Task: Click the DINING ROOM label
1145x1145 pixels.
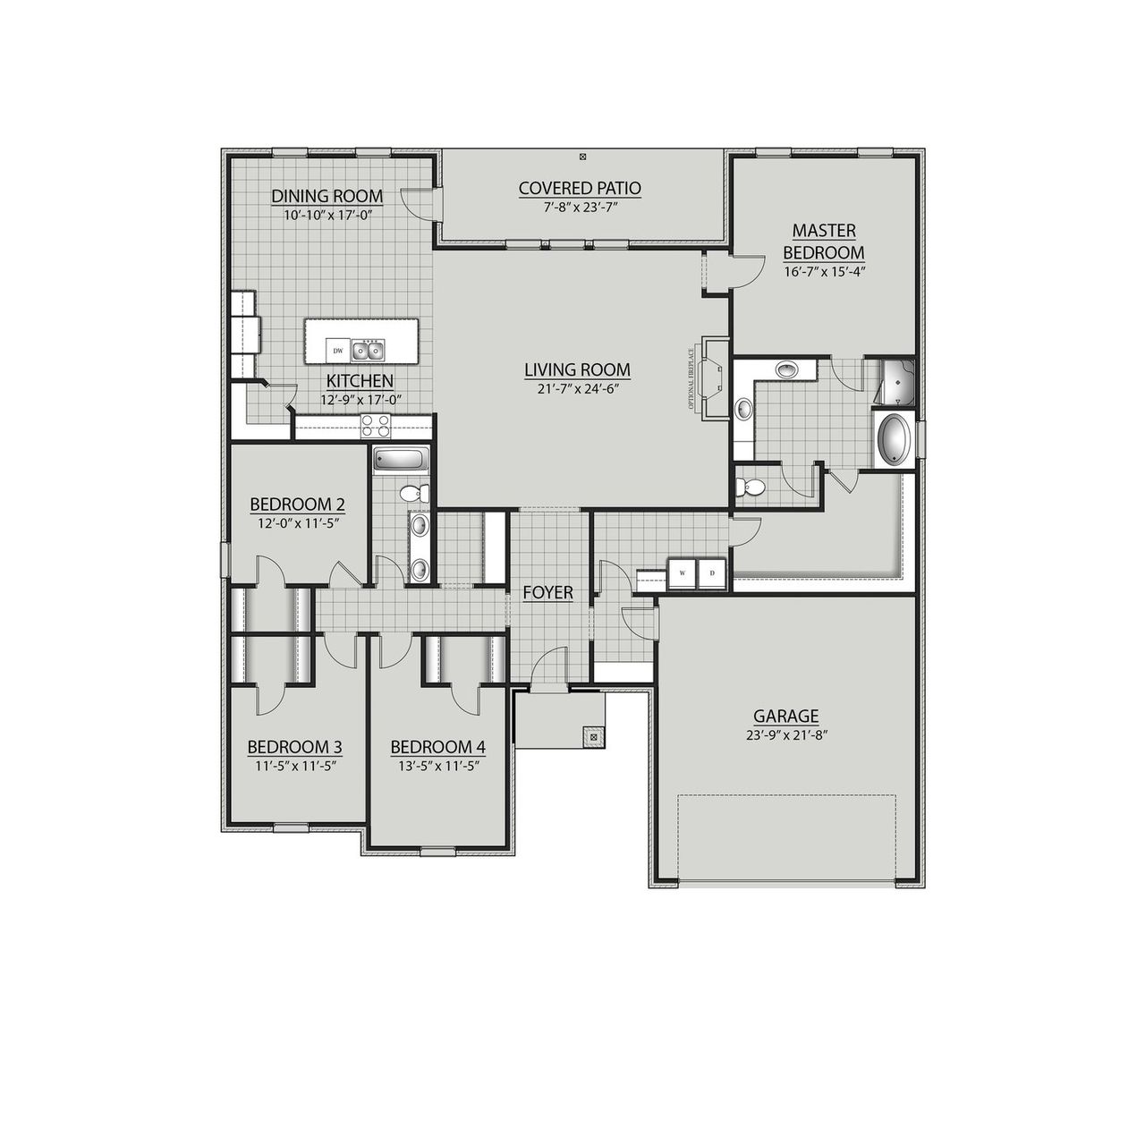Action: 327,196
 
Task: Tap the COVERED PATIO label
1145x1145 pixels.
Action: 580,188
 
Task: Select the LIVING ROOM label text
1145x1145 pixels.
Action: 577,369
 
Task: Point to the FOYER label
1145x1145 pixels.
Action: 547,593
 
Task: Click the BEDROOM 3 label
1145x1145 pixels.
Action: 294,747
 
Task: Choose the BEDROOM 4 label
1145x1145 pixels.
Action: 438,747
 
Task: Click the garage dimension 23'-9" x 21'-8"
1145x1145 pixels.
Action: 785,736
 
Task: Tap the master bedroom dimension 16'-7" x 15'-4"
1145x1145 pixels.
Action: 823,271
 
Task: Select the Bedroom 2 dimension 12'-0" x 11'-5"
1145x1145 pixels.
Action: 297,523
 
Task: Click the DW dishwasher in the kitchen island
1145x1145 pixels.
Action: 338,350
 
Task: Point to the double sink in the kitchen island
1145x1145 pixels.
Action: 368,349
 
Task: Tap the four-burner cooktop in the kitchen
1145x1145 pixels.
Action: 376,426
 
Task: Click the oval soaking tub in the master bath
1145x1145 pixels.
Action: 893,438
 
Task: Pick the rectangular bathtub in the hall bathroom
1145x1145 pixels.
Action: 401,460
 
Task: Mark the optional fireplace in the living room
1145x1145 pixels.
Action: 715,377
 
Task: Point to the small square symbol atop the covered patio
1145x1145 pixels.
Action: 583,157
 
